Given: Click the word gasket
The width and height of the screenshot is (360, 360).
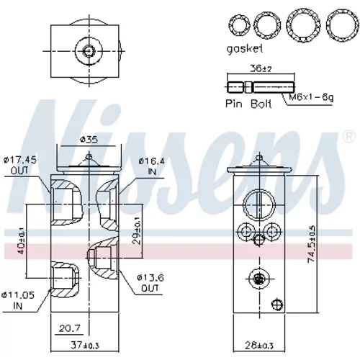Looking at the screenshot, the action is (x=245, y=49).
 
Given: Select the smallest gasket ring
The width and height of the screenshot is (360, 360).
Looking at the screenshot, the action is (x=239, y=25).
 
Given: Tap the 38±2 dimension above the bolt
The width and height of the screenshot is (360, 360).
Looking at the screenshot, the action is (x=261, y=69).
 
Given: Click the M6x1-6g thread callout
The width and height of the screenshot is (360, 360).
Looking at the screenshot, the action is (x=311, y=97).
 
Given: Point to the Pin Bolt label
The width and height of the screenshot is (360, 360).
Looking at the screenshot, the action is (x=248, y=104).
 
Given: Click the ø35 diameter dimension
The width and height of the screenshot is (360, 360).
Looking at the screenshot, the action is (x=89, y=139).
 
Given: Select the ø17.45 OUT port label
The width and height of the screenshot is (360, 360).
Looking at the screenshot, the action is (x=20, y=165).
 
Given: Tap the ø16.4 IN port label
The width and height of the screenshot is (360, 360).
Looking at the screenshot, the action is (x=152, y=166).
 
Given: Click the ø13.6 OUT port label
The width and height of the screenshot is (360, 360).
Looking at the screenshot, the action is (x=150, y=283).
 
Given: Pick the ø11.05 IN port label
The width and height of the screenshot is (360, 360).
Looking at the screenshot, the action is (x=18, y=300).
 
